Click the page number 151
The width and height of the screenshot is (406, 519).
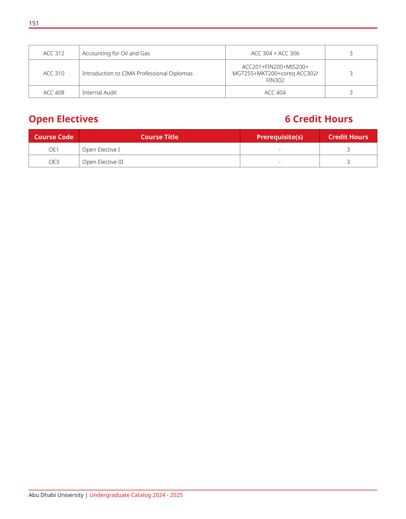[34, 23]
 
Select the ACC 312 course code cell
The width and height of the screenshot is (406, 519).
[54, 53]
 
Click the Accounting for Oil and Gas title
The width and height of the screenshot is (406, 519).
[116, 53]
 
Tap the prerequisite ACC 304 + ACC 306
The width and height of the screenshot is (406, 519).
[275, 53]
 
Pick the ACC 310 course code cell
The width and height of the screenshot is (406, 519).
[54, 73]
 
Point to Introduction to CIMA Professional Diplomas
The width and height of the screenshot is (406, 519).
[137, 73]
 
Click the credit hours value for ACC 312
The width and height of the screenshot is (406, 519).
[351, 53]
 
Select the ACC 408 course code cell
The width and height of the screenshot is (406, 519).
[54, 93]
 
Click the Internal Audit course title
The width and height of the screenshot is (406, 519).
[99, 93]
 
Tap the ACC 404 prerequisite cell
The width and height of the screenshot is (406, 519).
[275, 93]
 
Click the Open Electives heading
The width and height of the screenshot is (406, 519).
[64, 119]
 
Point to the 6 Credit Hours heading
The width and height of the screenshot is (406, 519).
[319, 119]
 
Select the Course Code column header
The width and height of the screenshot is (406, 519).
[54, 137]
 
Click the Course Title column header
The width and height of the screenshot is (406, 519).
[159, 137]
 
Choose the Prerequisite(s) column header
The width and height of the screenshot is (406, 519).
[280, 137]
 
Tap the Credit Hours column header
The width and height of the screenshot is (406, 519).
[348, 137]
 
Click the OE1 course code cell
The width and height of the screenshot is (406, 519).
[54, 150]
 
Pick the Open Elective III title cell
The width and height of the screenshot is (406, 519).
[103, 162]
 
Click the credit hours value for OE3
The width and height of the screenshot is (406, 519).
[348, 162]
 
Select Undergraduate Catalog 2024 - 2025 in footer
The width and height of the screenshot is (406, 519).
[136, 495]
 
